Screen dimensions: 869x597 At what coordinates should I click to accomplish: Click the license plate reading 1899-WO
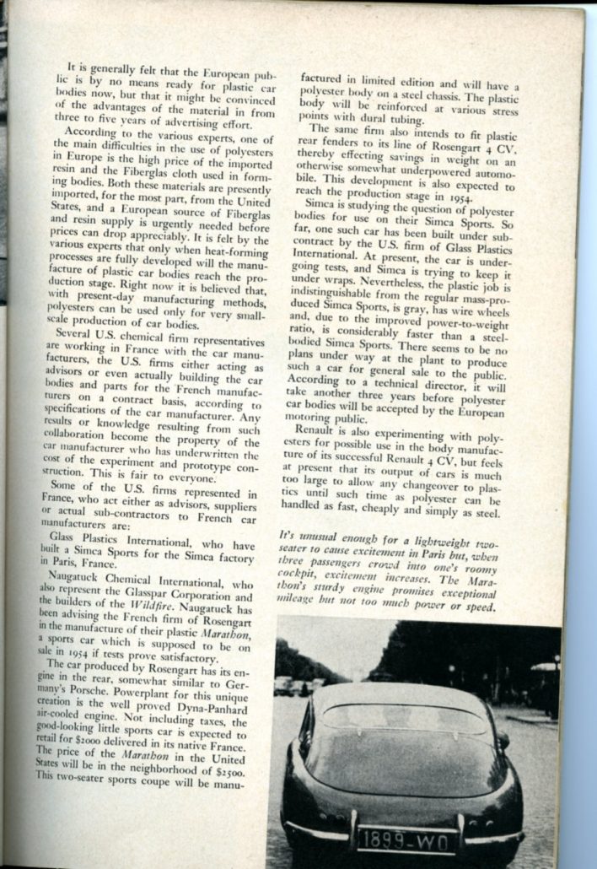coord(407,839)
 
